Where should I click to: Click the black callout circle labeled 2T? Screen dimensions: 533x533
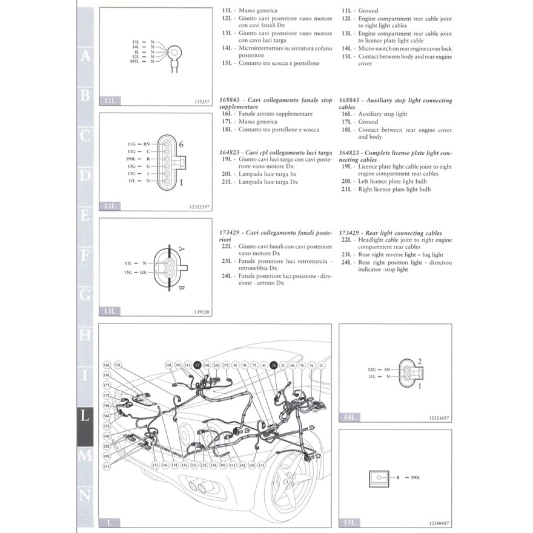(197, 365)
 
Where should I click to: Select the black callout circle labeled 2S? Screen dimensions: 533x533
(274, 365)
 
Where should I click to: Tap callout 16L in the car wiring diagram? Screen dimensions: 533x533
(107, 365)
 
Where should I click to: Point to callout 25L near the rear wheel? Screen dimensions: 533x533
(262, 465)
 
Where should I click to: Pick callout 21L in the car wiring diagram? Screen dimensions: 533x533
(107, 466)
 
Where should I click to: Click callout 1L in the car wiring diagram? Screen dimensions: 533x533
(322, 365)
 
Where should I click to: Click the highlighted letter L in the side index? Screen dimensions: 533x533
(85, 416)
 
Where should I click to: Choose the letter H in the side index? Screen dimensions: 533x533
(85, 335)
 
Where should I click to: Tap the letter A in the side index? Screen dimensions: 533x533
(85, 56)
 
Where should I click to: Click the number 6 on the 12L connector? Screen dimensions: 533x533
(180, 144)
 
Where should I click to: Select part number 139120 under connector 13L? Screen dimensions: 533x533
(202, 313)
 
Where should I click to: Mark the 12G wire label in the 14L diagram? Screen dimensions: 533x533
(372, 369)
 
